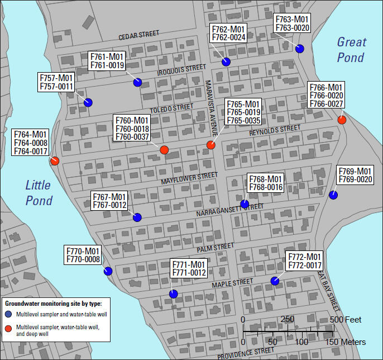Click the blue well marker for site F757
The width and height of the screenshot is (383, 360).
coord(88,102)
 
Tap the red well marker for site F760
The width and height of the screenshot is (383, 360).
coord(164,150)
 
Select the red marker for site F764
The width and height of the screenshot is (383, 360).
coord(55,161)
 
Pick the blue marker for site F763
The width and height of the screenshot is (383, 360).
coord(300,49)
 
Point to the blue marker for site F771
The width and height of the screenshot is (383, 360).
coord(174,294)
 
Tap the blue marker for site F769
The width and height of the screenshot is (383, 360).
coord(333,195)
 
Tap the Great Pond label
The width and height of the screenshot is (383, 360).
coord(351,50)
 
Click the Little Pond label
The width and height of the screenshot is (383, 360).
coord(39,193)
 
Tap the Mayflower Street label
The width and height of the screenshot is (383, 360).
coord(189,178)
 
